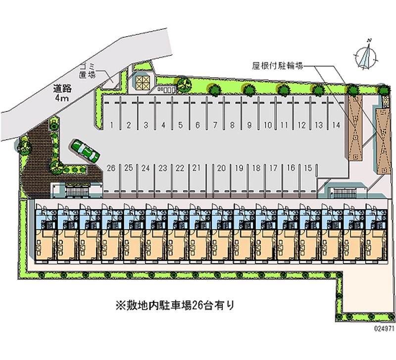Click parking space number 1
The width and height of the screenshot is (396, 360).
tap(112, 124)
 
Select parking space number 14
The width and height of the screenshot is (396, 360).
tap(336, 124)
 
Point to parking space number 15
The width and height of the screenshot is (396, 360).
tap(308, 168)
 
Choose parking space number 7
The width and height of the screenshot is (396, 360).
tap(215, 124)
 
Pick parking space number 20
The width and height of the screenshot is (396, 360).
tap(221, 168)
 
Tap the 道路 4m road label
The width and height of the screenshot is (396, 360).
tap(62, 93)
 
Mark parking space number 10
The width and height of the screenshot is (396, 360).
tap(267, 124)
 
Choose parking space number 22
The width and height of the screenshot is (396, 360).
tap(180, 168)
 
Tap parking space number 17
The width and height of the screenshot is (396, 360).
tap(273, 168)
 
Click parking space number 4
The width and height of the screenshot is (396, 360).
tap(163, 124)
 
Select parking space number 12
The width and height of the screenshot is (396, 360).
tap(302, 124)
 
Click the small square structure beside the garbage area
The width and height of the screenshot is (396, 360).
tap(142, 82)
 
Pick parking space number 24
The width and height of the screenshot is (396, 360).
tap(145, 168)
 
